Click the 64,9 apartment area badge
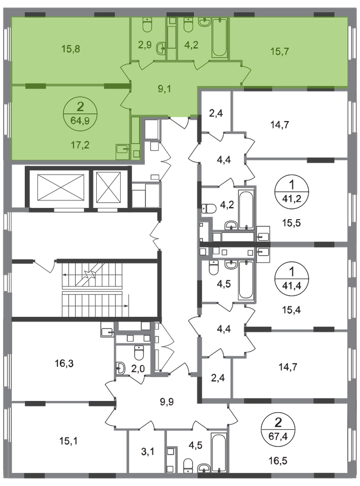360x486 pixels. (x=80, y=114)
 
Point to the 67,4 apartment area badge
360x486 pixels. (x=279, y=430)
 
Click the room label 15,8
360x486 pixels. (x=71, y=49)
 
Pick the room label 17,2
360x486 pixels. (x=80, y=144)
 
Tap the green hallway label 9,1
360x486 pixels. (x=165, y=89)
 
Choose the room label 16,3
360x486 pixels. (x=64, y=363)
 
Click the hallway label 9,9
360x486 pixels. (x=167, y=402)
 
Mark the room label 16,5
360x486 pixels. (x=278, y=461)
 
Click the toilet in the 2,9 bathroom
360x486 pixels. (x=147, y=25)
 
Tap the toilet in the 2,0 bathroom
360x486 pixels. (x=139, y=352)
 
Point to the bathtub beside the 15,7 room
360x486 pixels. (x=220, y=37)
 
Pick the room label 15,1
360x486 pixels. (x=69, y=441)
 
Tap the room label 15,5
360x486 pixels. (x=291, y=223)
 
